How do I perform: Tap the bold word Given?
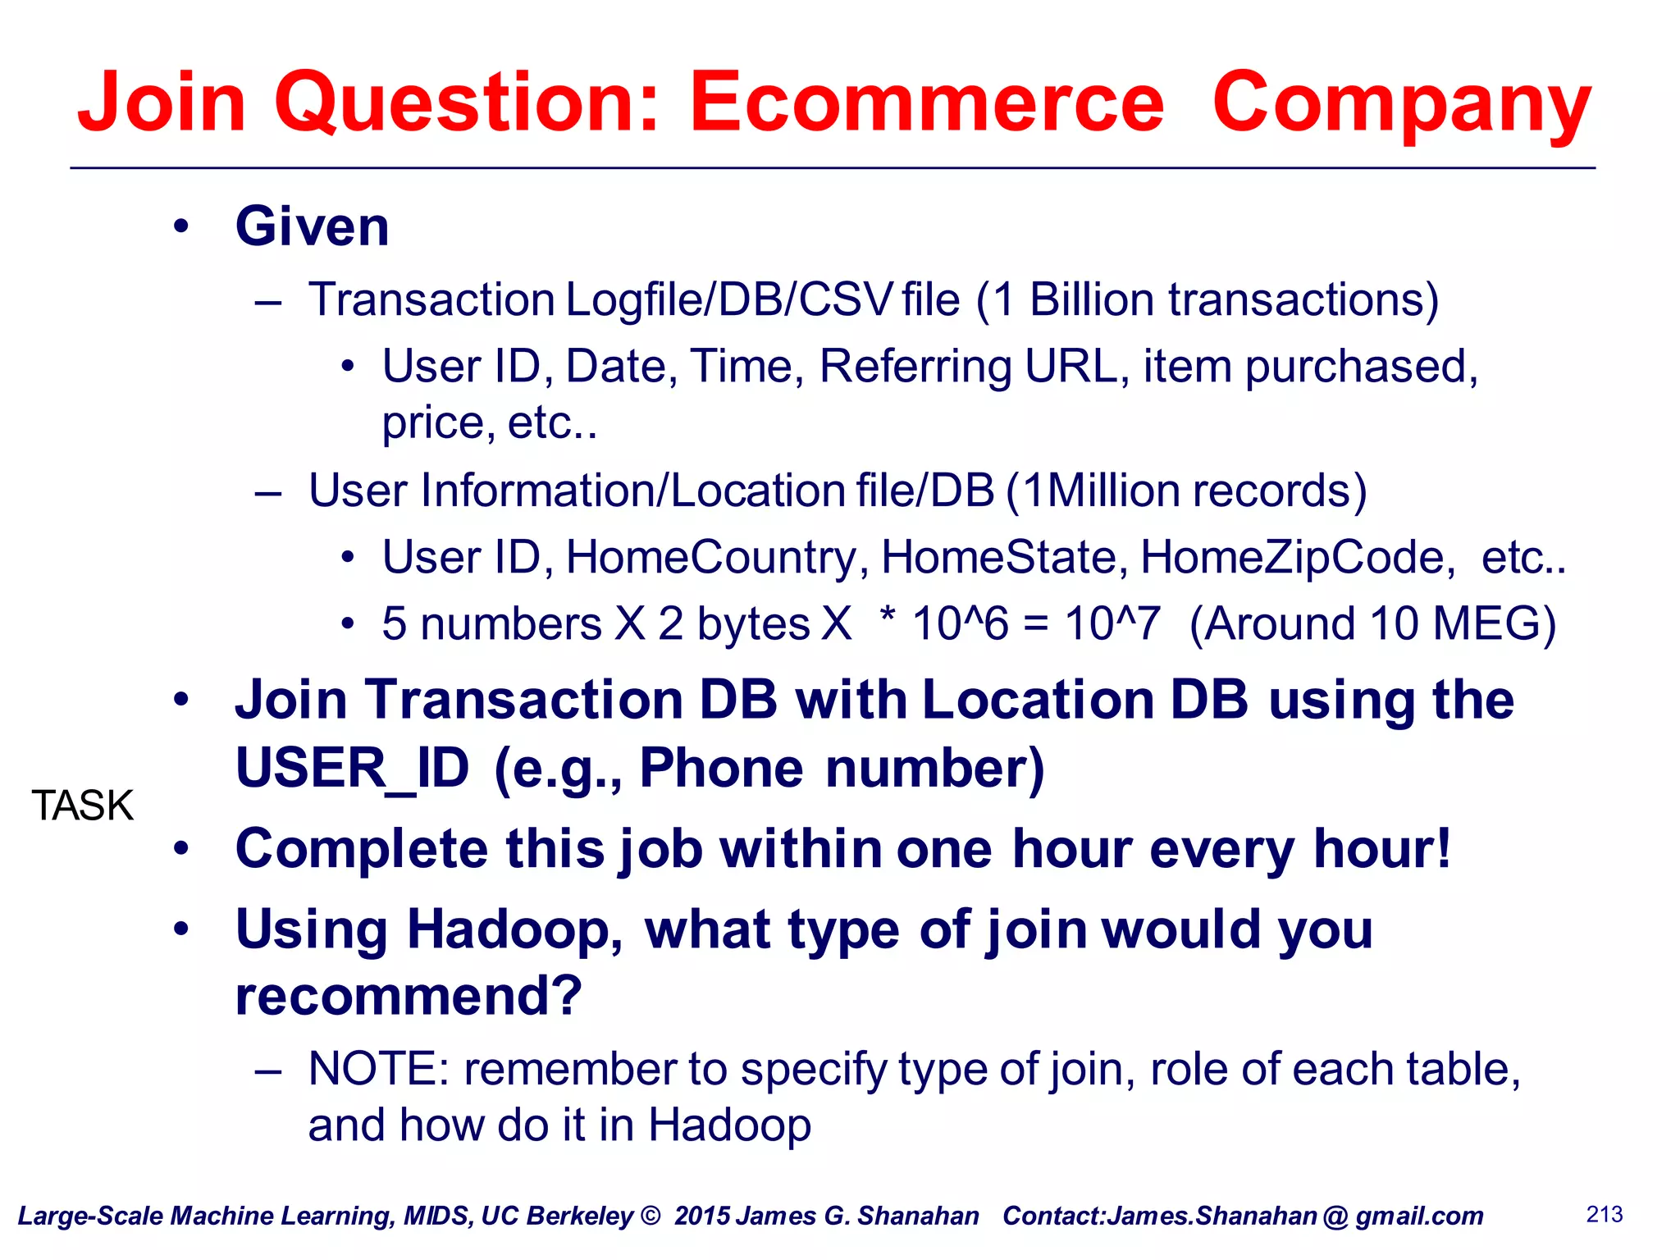[313, 226]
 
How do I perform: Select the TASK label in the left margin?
[82, 806]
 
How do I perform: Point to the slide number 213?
[1605, 1214]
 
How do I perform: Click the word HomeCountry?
[711, 558]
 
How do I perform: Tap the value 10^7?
[1112, 623]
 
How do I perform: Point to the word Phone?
[722, 769]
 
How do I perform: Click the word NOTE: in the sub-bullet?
[379, 1069]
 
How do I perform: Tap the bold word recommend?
[409, 996]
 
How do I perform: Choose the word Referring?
[915, 366]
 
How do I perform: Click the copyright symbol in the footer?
[651, 1215]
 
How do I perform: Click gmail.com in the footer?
[1419, 1216]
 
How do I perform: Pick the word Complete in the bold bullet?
[361, 849]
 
